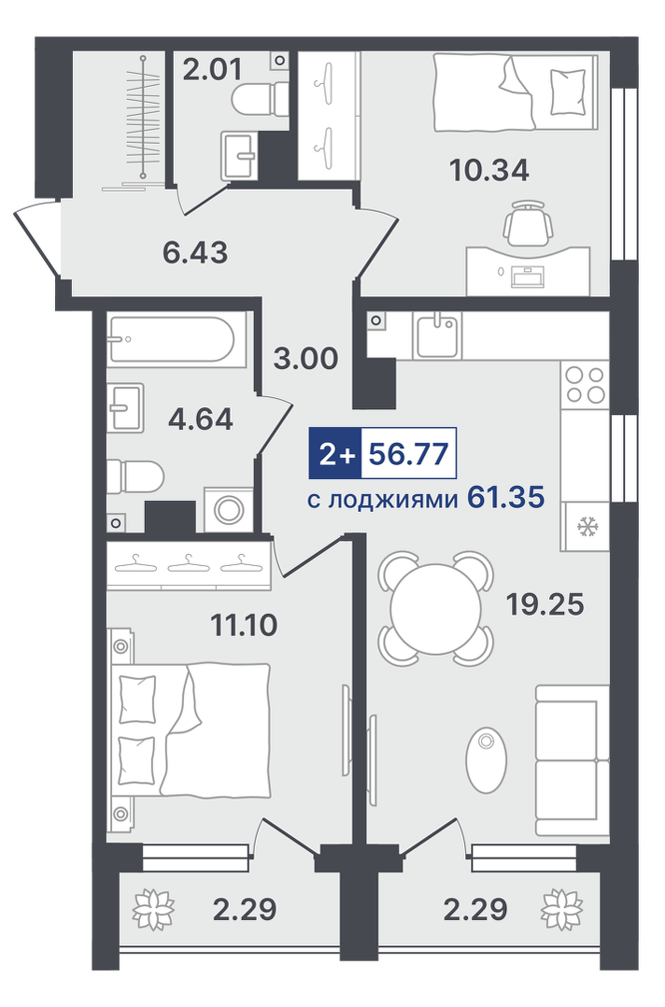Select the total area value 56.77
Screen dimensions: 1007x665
407,455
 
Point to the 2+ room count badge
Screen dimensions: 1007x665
333,455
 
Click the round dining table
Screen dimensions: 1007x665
434,603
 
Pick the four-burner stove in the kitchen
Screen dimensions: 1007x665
585,384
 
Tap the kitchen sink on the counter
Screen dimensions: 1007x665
438,334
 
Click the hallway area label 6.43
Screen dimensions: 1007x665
195,252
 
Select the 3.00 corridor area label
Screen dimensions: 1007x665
305,358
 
